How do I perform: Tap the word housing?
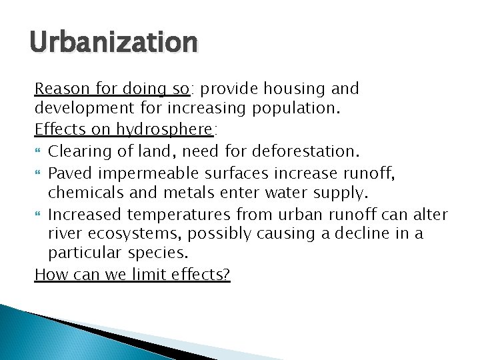click(293, 89)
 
